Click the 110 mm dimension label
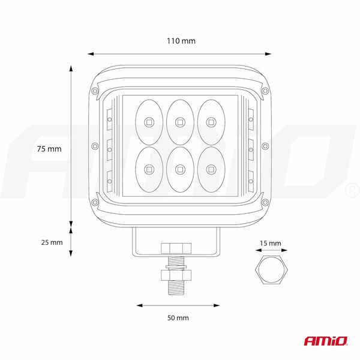point(181,41)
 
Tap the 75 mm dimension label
point(49,149)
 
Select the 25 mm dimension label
point(52,242)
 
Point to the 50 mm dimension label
point(178,318)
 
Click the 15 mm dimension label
point(271,243)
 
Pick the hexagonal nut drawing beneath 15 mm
point(271,269)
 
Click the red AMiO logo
point(326,341)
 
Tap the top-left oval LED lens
point(149,122)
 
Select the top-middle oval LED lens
point(180,122)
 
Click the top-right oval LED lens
point(211,122)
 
